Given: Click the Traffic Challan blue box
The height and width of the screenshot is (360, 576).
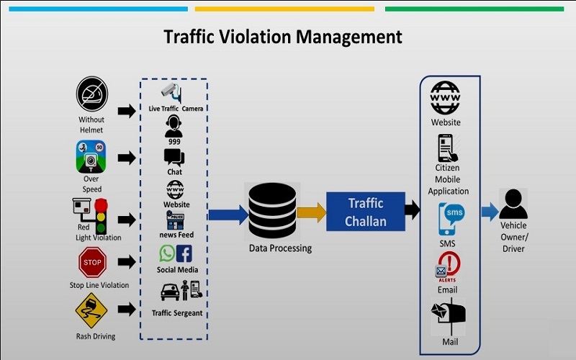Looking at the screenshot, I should click(x=365, y=211).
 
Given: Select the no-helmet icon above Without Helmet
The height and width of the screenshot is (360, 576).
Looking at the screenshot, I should click(x=91, y=96).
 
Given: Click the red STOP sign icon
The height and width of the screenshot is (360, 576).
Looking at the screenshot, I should click(x=92, y=262).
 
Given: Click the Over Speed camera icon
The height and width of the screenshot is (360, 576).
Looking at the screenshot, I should click(x=91, y=156).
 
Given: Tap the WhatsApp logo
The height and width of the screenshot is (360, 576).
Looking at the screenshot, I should click(x=167, y=253).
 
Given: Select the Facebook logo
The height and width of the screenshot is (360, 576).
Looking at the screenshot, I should click(x=184, y=253).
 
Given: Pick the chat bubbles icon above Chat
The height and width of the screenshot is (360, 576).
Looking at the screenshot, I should click(x=174, y=157).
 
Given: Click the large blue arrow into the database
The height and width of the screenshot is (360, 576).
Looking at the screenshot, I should click(x=228, y=214).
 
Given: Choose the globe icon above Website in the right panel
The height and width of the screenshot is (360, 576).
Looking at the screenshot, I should click(x=445, y=96).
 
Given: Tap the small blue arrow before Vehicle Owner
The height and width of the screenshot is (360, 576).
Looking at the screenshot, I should click(x=490, y=211).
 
